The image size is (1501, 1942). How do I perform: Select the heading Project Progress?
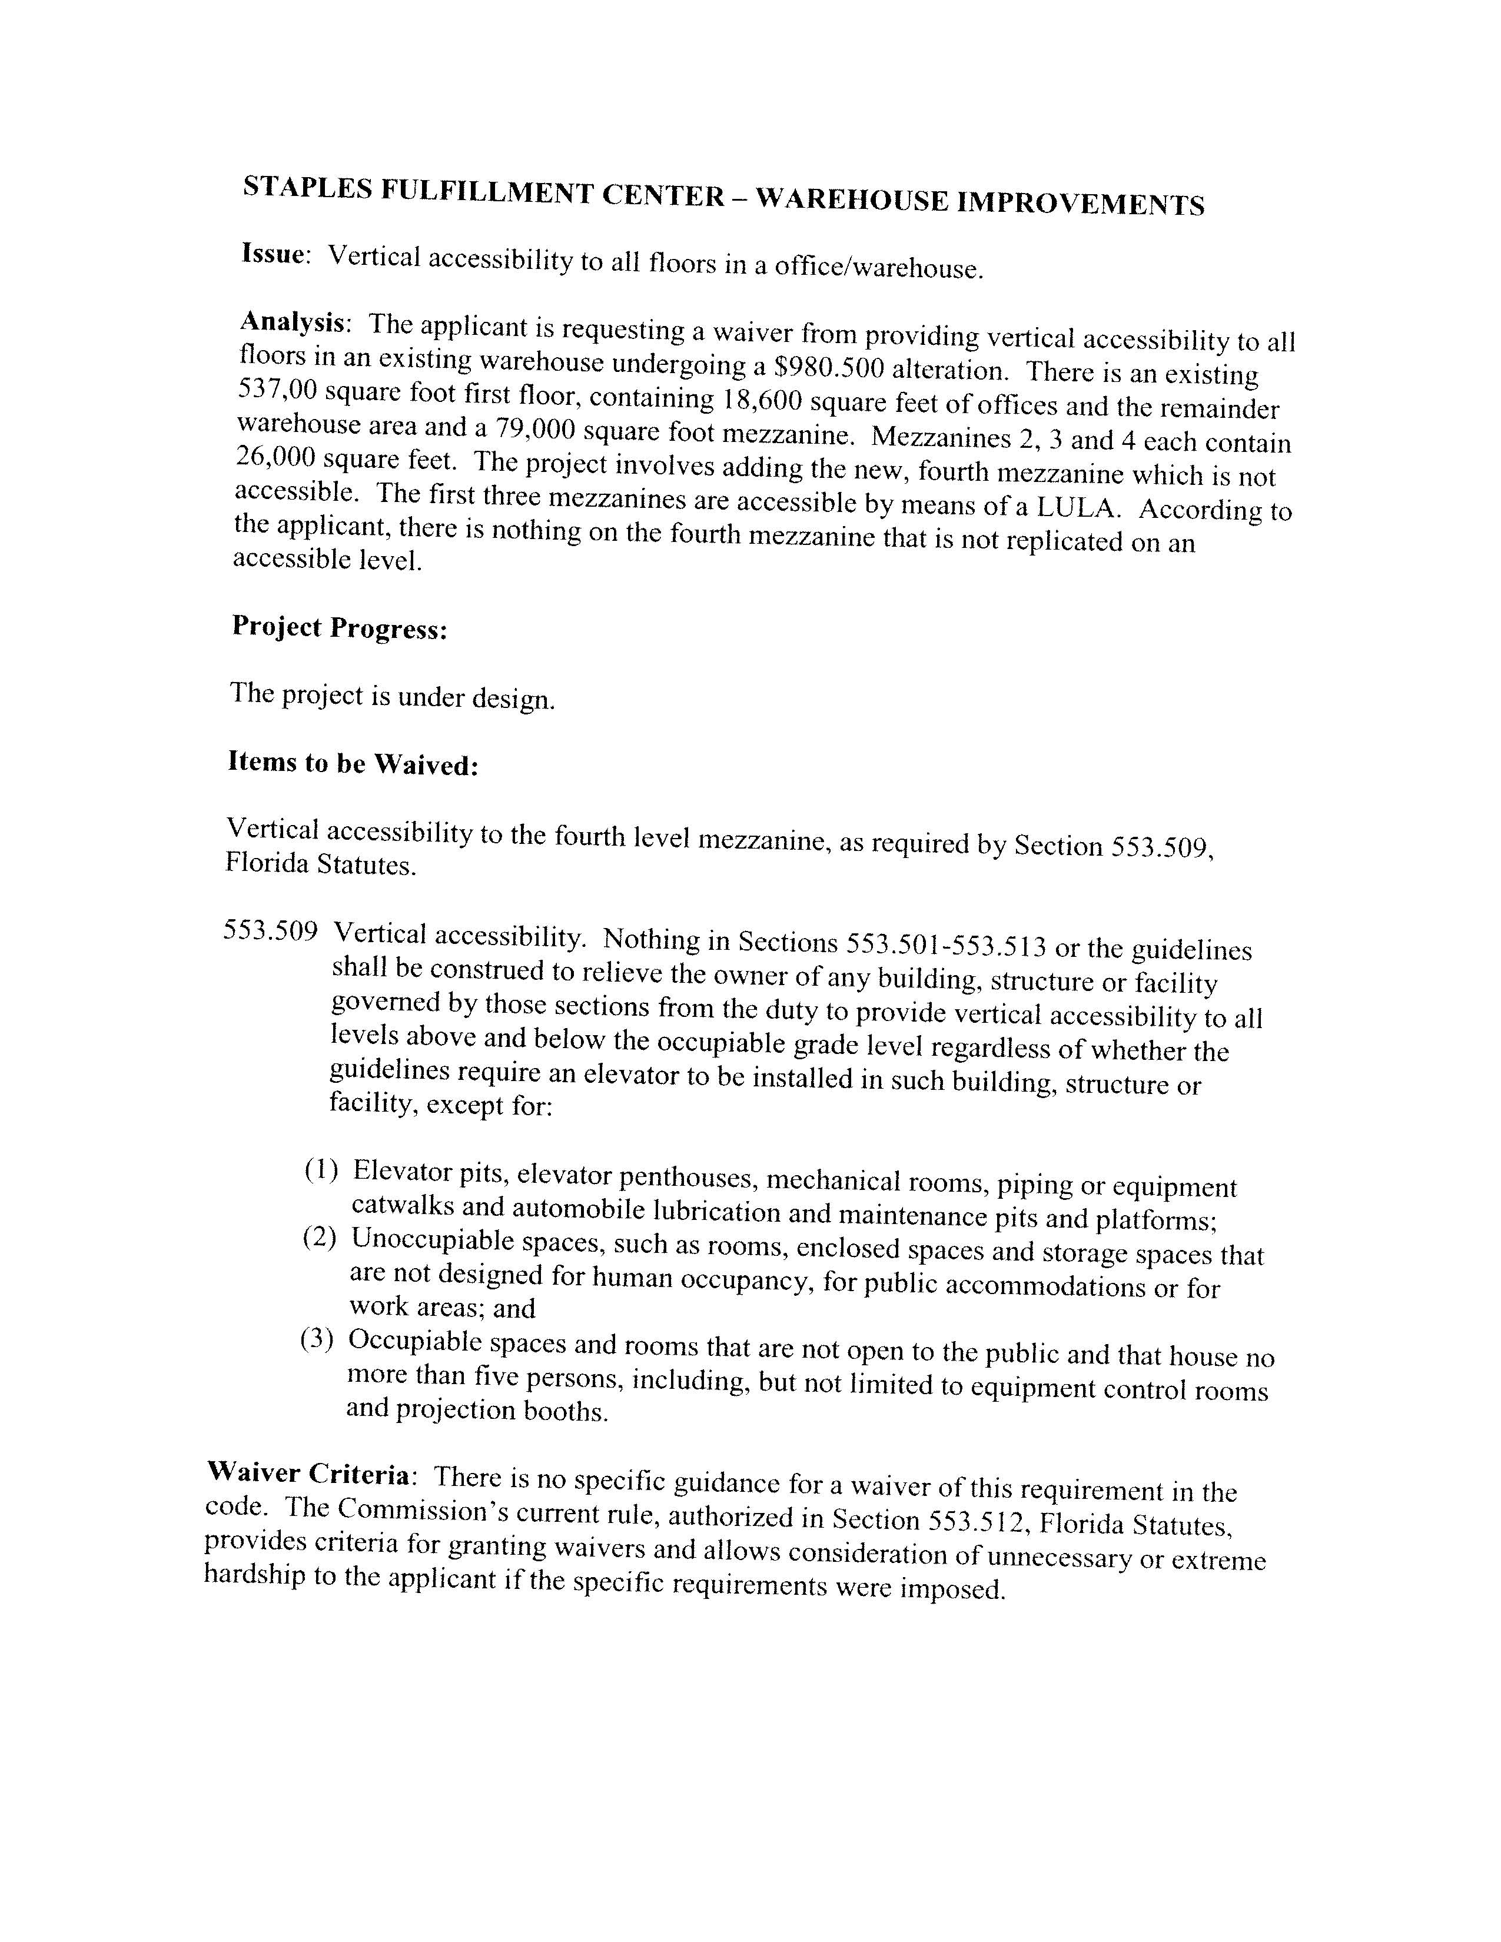[339, 628]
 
